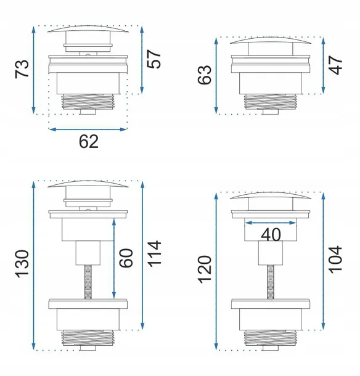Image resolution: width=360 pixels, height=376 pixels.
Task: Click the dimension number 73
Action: tap(22, 69)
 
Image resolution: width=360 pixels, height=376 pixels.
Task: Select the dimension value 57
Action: tap(154, 59)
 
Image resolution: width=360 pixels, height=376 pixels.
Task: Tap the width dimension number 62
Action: tap(89, 142)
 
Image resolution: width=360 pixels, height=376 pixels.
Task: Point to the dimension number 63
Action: tap(205, 75)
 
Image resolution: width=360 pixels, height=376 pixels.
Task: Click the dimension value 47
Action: tap(335, 65)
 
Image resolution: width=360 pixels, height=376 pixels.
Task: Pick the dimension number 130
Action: tap(22, 264)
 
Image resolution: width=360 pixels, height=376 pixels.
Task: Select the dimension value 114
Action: tap(154, 254)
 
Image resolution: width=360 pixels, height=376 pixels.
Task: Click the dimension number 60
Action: tap(126, 258)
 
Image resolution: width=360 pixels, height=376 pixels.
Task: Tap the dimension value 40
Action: tap(271, 234)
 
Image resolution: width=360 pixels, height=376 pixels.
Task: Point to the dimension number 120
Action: tap(205, 269)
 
